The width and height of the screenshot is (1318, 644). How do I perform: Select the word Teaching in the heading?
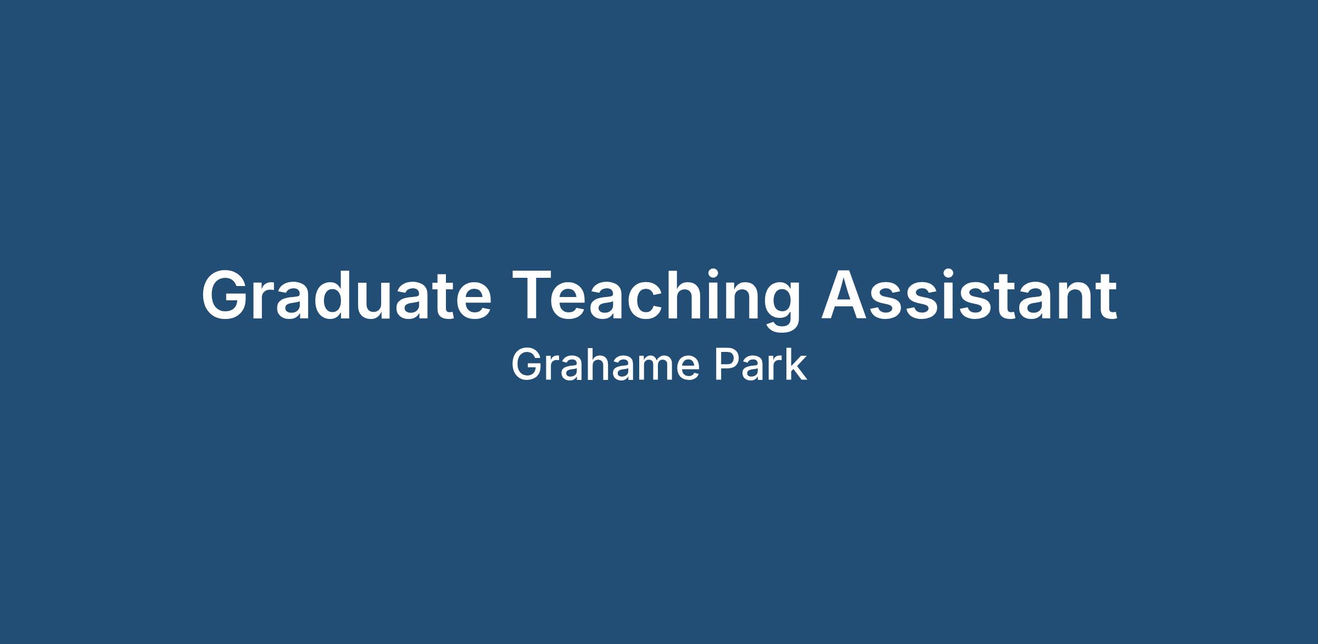pos(656,300)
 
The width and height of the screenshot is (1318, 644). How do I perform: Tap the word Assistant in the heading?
pos(969,294)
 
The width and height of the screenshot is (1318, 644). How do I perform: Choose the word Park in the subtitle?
pos(761,366)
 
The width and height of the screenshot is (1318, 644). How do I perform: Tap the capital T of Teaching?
pos(534,295)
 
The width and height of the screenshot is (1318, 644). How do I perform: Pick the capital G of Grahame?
pos(527,366)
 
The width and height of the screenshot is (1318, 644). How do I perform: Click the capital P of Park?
pos(725,366)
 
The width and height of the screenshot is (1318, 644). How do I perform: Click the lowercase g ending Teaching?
pos(780,307)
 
